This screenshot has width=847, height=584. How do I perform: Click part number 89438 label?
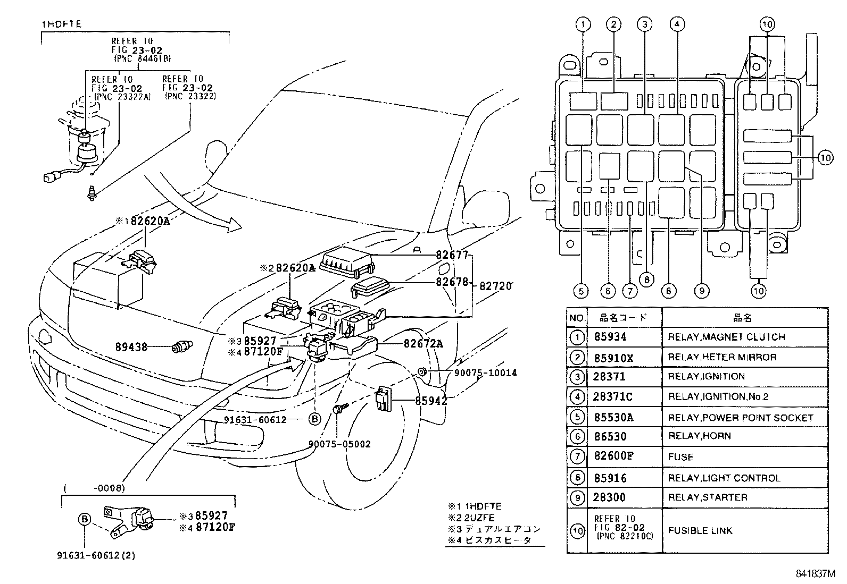click(131, 347)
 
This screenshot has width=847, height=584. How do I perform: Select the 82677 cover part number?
click(452, 255)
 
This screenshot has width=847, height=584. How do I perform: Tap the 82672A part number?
click(423, 344)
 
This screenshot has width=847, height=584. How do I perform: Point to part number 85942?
click(431, 401)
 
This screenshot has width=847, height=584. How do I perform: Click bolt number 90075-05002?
click(339, 444)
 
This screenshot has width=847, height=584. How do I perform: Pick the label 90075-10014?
click(485, 373)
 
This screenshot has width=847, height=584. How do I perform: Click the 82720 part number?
click(495, 286)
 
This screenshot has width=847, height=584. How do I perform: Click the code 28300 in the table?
click(609, 497)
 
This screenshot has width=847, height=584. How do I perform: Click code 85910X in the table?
click(613, 358)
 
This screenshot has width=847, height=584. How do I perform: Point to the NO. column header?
click(577, 318)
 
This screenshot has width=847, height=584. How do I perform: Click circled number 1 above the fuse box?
click(583, 24)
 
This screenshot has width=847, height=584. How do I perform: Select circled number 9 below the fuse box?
click(702, 291)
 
